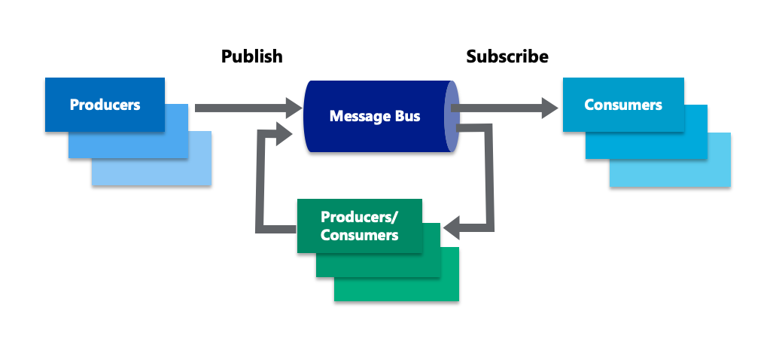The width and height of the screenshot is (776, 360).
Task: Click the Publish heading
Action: pos(251,56)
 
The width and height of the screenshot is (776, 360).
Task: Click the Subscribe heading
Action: pos(507,56)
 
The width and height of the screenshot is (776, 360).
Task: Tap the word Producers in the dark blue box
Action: pos(105,105)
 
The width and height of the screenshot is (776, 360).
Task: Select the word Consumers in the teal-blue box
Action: pos(622,105)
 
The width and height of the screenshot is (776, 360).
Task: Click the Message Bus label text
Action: pos(375,117)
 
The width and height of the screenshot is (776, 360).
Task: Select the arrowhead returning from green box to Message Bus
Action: pos(285,135)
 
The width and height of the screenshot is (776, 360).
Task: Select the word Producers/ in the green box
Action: pos(359,217)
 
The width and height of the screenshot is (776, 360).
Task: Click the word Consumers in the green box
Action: pos(359,235)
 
